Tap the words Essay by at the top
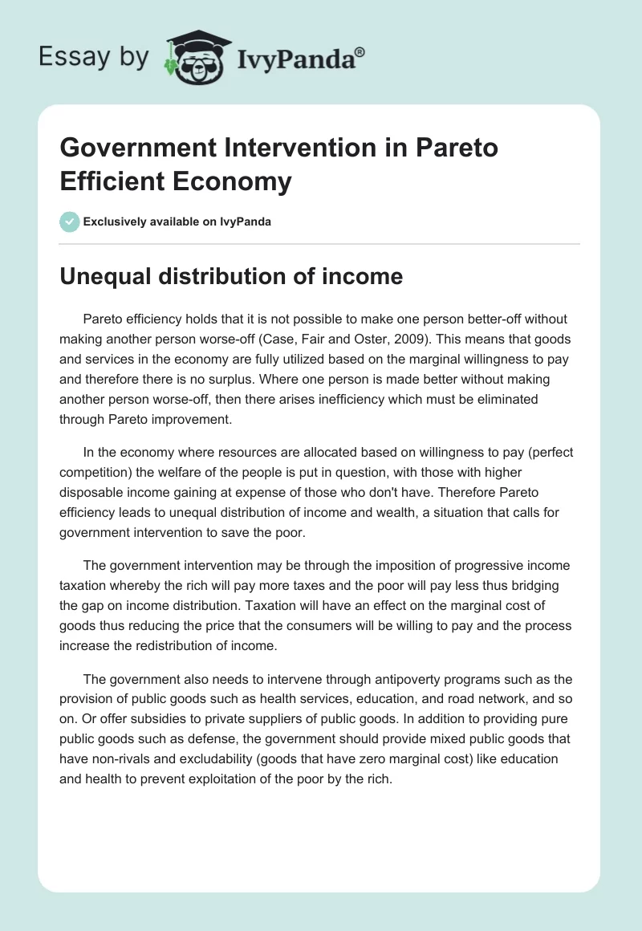coord(93,57)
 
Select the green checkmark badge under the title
coord(70,222)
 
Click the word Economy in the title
coord(234,181)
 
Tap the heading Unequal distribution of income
coord(231,275)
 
